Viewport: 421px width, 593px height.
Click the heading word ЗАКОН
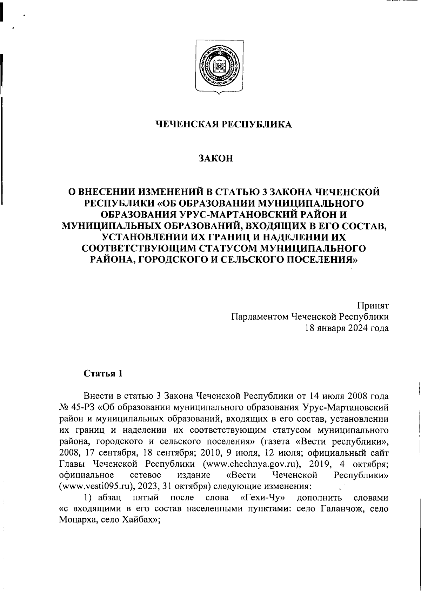point(215,159)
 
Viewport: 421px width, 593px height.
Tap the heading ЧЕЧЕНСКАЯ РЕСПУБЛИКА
point(223,124)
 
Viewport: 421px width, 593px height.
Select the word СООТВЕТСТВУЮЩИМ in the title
point(139,248)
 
